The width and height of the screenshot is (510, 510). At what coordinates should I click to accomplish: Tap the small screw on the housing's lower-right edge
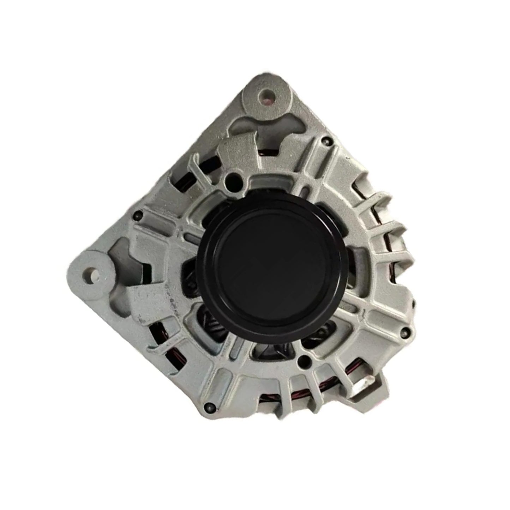coord(409,330)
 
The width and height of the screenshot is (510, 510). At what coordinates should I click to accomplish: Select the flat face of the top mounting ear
coord(279,88)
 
